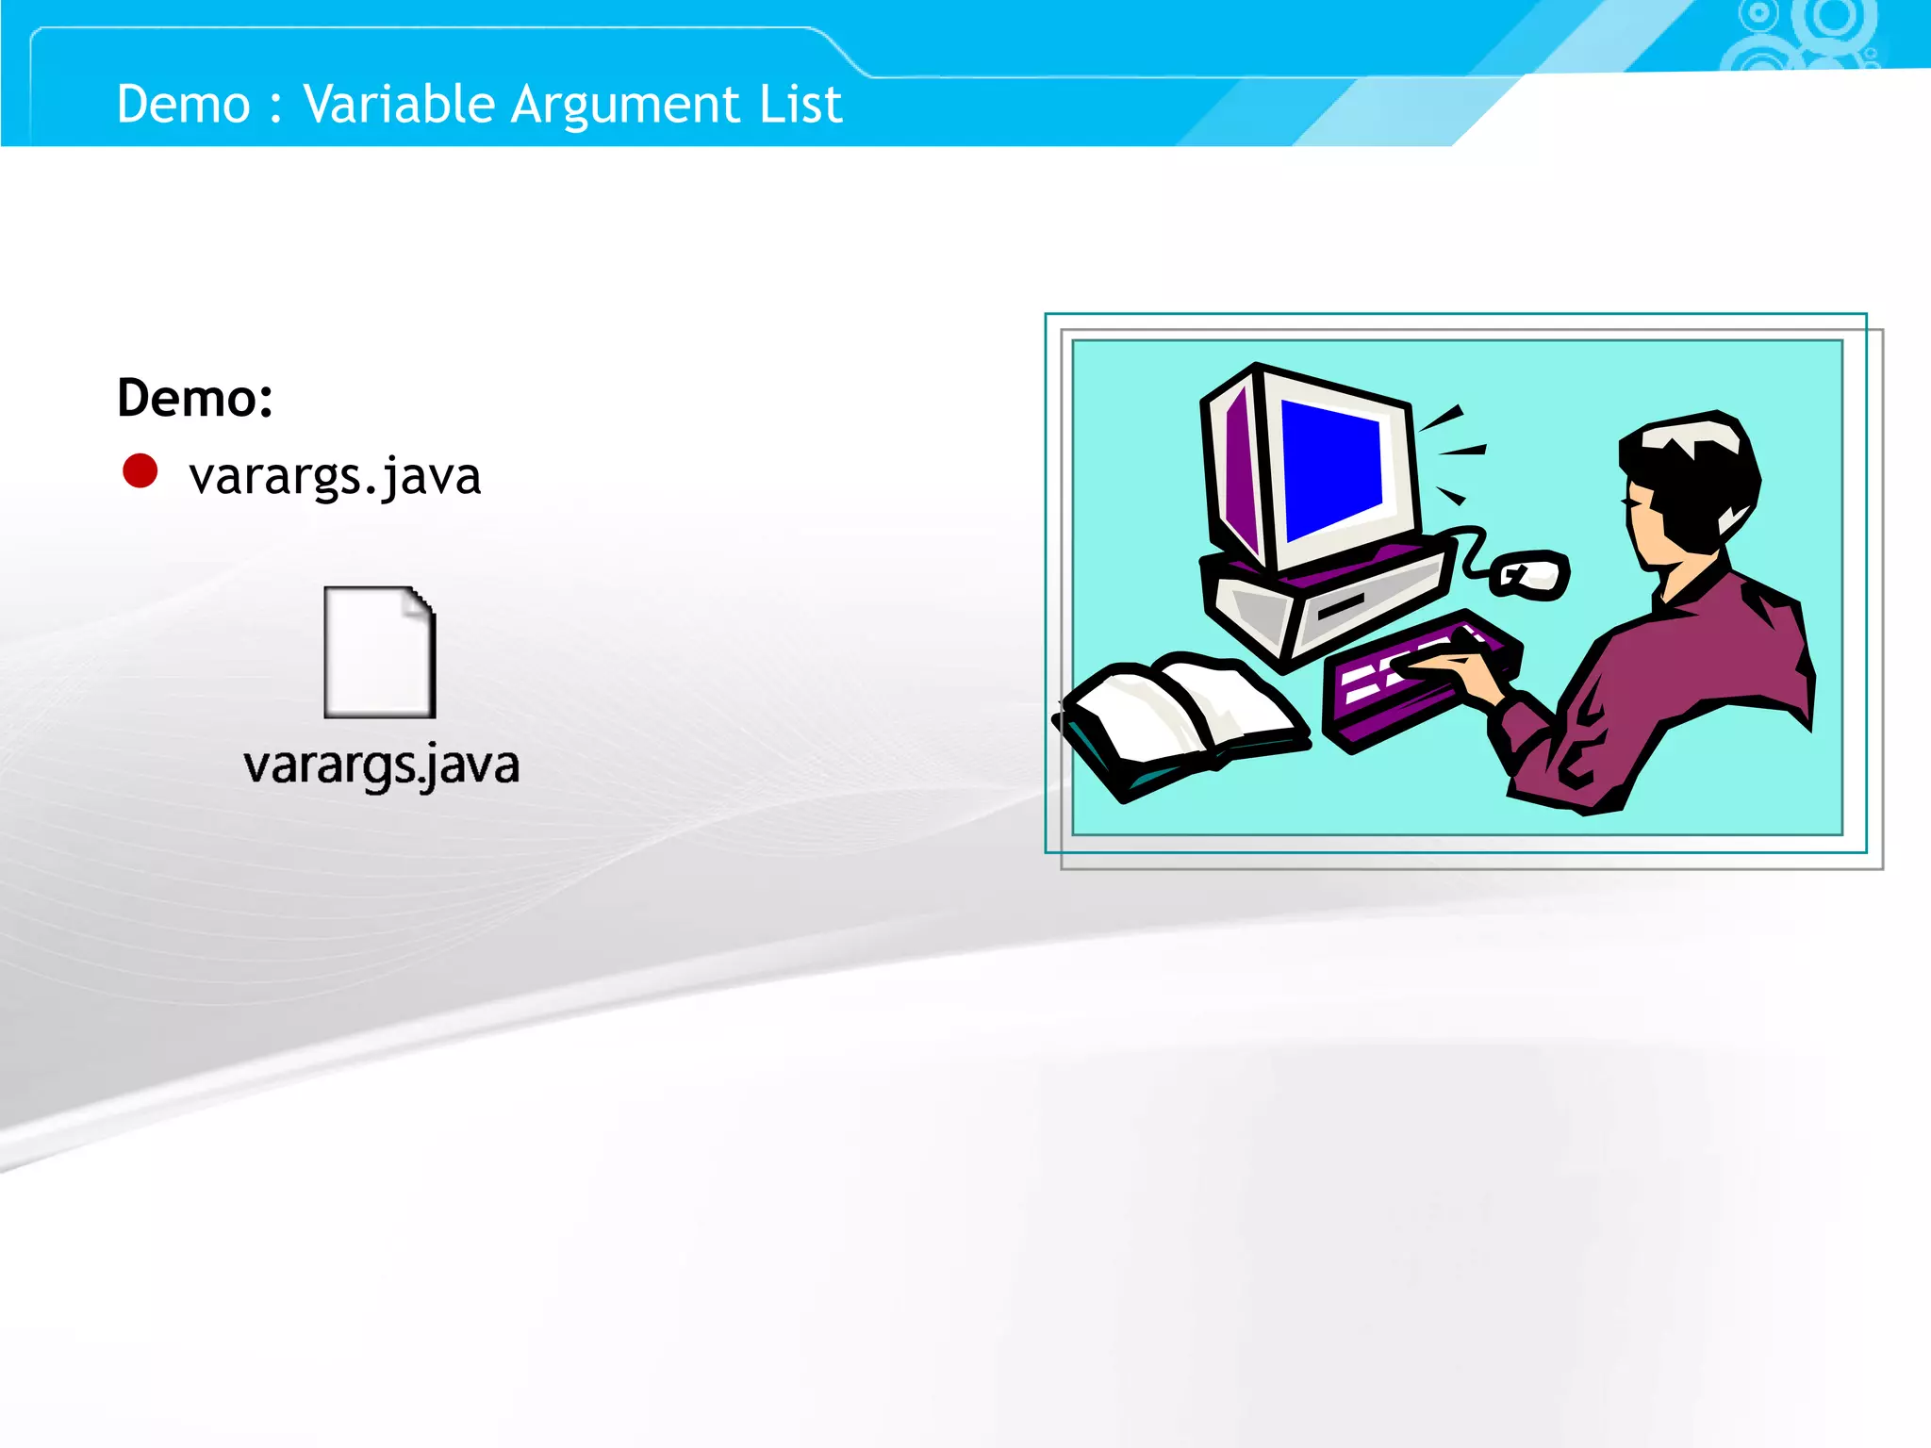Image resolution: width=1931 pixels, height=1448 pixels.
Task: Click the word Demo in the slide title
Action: pyautogui.click(x=183, y=104)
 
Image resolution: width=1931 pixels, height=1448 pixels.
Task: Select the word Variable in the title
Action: pyautogui.click(x=398, y=104)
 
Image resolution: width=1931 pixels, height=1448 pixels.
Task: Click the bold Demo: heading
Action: pyautogui.click(x=195, y=398)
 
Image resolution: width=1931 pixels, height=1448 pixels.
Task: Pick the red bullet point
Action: pyautogui.click(x=140, y=471)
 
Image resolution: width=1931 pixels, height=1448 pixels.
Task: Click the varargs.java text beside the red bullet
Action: pyautogui.click(x=335, y=475)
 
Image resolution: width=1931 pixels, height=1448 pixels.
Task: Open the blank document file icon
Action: pyautogui.click(x=379, y=652)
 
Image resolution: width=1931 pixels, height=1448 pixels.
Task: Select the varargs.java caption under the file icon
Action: pyautogui.click(x=381, y=765)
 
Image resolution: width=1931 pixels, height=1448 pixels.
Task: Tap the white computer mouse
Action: pyautogui.click(x=1532, y=574)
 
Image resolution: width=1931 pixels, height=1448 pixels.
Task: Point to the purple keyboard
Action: pyautogui.click(x=1405, y=688)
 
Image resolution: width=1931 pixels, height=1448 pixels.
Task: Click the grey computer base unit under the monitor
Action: pyautogui.click(x=1320, y=603)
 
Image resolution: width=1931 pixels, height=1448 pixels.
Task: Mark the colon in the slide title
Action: pyautogui.click(x=275, y=106)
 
